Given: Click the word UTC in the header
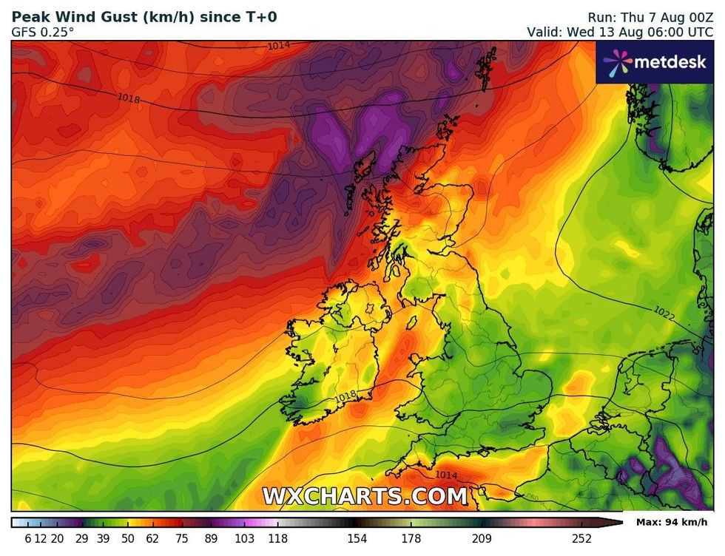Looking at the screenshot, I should tap(699, 32).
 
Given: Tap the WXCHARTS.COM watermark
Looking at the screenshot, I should tap(365, 495).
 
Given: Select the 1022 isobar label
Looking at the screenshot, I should tap(664, 313).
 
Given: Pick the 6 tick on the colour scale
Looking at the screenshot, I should tap(28, 539).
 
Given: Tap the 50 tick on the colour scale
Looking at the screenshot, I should tap(128, 539).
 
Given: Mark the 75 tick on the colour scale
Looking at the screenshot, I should tap(181, 539).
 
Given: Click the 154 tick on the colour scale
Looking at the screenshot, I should tap(357, 539).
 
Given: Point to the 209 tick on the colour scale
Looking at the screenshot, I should tap(482, 539).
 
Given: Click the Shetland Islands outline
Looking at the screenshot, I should tap(487, 70).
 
